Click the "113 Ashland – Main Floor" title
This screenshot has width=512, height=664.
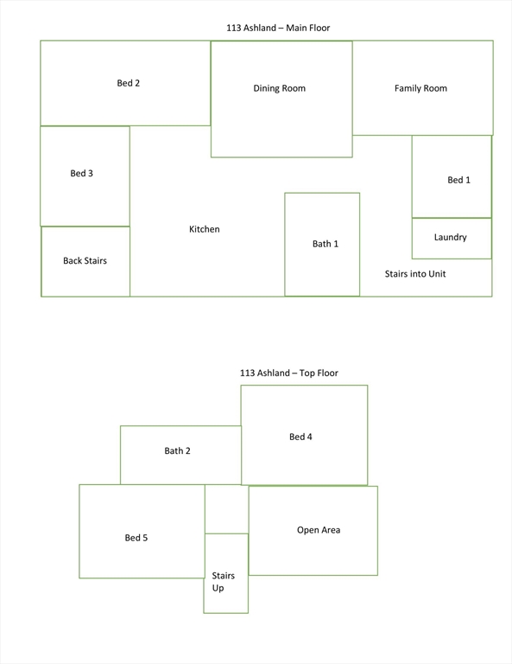pos(278,28)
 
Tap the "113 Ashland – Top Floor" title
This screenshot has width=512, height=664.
pos(288,373)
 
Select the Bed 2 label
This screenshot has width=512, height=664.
pos(128,83)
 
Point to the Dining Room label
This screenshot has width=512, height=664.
pos(279,88)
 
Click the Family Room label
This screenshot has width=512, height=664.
pos(420,88)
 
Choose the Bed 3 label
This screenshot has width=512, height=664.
pos(82,173)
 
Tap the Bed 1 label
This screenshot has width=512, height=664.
pos(458,180)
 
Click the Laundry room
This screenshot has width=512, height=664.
pos(452,238)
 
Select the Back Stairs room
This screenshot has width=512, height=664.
pos(85,261)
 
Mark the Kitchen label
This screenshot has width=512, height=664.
pos(205,229)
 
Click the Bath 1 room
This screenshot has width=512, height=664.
pos(322,245)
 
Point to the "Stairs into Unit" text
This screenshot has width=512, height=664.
pos(415,274)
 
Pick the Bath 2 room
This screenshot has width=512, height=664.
pos(181,455)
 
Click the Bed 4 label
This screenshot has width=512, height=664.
pos(300,437)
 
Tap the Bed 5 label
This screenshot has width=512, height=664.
pos(136,538)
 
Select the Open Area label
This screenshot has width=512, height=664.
pos(319,530)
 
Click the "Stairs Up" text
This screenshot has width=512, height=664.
pos(223,581)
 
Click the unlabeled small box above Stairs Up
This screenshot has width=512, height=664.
pos(226,509)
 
